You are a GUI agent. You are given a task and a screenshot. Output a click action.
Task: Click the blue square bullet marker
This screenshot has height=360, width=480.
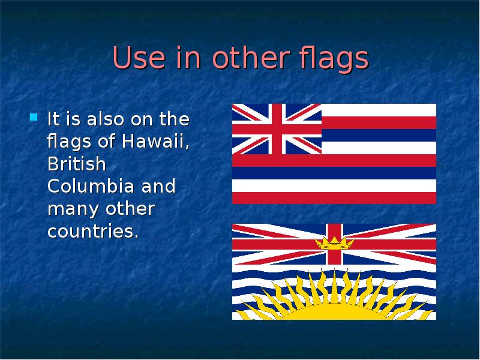click(35, 115)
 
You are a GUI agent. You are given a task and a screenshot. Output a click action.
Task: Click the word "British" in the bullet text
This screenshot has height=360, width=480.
click(77, 164)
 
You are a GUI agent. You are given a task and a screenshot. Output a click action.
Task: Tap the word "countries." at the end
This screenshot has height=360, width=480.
click(93, 231)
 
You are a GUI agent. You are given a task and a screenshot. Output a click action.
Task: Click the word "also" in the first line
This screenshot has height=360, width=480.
click(106, 119)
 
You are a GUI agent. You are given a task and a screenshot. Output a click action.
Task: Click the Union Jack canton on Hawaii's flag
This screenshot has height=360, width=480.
click(277, 129)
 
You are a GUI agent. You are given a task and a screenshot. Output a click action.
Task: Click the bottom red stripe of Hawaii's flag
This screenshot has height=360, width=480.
click(334, 198)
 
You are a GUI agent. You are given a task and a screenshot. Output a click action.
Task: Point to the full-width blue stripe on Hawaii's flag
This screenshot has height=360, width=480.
click(334, 173)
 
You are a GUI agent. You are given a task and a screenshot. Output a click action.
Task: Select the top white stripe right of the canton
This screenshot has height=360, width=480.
click(378, 110)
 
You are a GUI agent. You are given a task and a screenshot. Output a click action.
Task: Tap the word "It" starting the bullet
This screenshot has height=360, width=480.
click(53, 119)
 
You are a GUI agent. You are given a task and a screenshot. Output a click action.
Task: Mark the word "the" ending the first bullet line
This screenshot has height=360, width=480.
click(174, 119)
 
